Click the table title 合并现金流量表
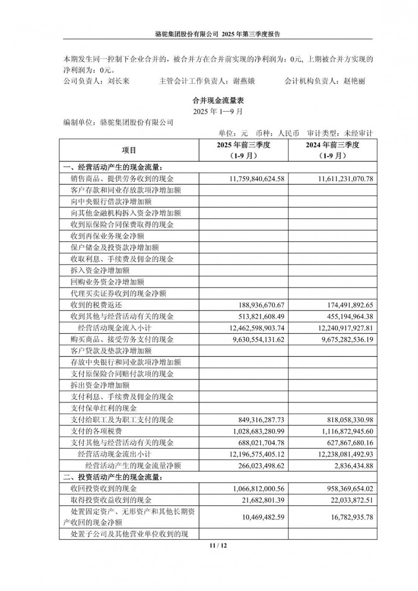point(218,101)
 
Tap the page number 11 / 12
point(218,545)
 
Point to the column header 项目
point(129,150)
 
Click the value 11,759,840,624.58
point(257,179)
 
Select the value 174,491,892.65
point(346,305)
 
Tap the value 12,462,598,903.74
point(257,328)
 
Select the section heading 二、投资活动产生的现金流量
point(112,477)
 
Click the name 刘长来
point(118,81)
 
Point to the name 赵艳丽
point(354,81)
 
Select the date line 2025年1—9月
point(218,112)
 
